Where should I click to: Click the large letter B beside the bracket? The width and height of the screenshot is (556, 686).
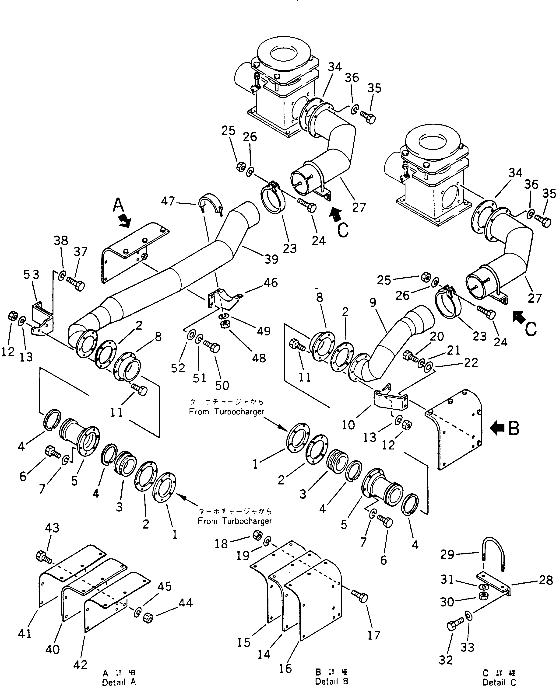514,429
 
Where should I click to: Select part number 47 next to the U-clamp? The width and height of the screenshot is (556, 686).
168,202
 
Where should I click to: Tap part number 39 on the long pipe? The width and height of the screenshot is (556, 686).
271,259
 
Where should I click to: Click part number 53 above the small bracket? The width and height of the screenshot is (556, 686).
32,275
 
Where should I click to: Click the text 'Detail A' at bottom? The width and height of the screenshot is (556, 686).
119,682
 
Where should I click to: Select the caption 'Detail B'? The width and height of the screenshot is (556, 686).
331,681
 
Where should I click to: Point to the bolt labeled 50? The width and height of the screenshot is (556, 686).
211,347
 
